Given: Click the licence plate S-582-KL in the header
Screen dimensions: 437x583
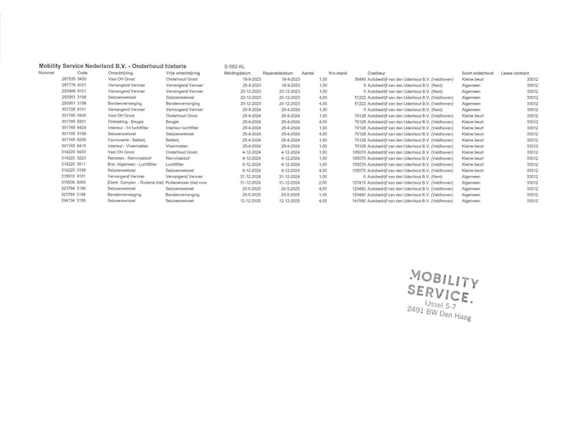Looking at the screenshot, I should [x=234, y=65].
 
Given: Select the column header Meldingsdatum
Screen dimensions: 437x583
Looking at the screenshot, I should [x=237, y=73].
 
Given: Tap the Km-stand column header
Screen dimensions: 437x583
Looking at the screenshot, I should [x=338, y=73].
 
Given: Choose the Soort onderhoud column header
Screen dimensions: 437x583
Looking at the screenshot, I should [x=477, y=73].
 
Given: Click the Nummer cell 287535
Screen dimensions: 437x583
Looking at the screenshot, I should [x=69, y=79].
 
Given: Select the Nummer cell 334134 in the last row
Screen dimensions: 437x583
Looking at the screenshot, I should [x=69, y=201].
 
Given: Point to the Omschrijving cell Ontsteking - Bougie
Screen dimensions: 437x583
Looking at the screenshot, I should [x=126, y=122].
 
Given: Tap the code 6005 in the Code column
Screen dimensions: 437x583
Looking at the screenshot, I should [x=82, y=182].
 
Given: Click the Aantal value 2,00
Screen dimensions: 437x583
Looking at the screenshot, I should [x=323, y=182].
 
